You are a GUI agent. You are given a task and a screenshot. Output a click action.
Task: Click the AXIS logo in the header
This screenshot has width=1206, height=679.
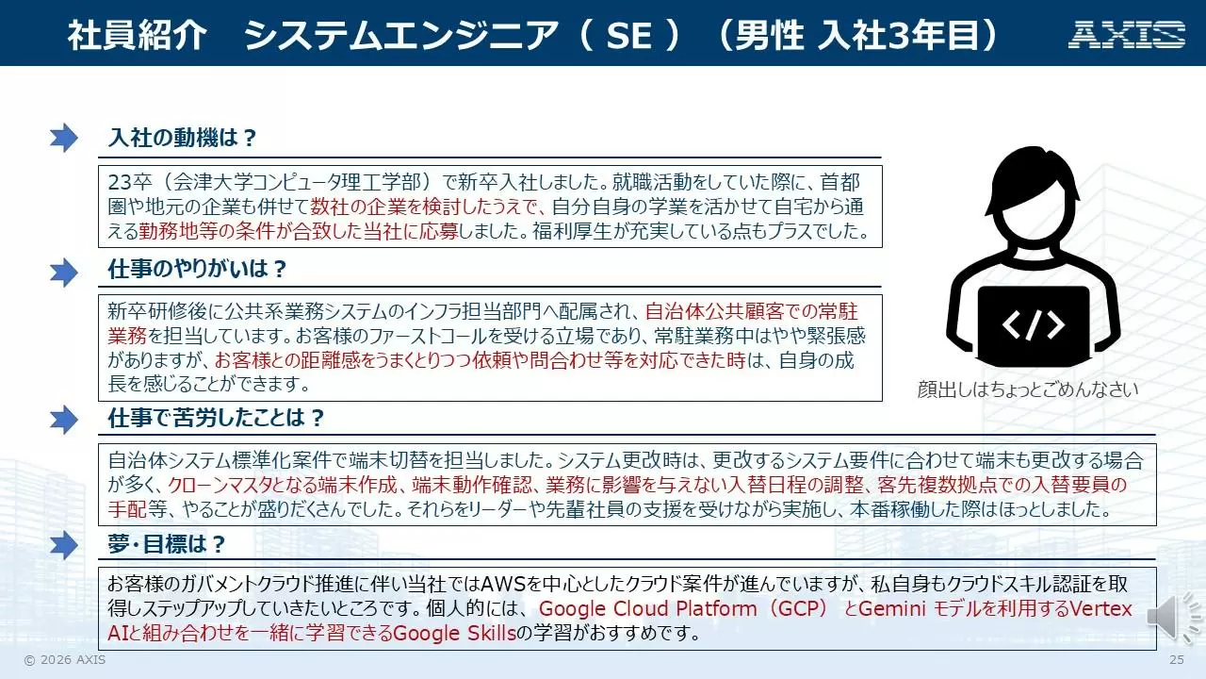tap(1127, 35)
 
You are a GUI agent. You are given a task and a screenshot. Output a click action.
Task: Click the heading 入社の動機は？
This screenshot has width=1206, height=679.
tap(183, 138)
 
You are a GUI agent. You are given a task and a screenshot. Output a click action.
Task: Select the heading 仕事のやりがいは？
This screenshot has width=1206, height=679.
tap(197, 269)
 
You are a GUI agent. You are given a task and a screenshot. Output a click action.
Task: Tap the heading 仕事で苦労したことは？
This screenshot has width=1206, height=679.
tap(217, 418)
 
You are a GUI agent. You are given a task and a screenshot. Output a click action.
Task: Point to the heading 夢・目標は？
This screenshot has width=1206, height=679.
tap(167, 544)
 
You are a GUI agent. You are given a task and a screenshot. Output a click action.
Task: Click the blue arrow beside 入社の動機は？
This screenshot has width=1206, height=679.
tap(63, 138)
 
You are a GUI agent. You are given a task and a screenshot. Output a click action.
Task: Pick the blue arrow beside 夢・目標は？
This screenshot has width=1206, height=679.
tap(63, 545)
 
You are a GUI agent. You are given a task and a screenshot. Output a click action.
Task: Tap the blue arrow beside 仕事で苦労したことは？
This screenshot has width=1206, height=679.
tap(63, 420)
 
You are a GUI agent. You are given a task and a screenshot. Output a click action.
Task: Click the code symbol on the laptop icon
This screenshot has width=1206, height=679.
tap(1034, 325)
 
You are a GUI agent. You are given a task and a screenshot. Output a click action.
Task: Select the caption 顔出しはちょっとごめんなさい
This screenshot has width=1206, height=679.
tap(1028, 389)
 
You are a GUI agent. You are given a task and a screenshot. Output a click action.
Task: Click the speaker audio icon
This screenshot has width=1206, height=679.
tap(1173, 618)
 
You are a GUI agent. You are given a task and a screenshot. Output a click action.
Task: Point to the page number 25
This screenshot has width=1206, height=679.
tap(1177, 659)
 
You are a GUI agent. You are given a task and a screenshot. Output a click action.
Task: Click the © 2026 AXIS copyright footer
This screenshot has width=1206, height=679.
tap(65, 659)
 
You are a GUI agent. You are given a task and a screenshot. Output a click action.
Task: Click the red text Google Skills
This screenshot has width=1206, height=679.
tap(454, 633)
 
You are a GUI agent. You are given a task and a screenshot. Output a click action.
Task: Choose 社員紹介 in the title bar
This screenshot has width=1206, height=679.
tap(137, 36)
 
